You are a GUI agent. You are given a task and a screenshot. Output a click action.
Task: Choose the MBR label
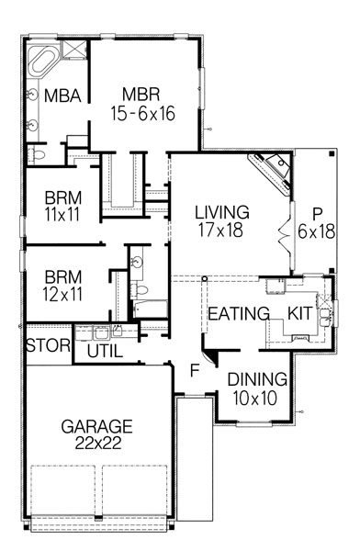click(x=144, y=94)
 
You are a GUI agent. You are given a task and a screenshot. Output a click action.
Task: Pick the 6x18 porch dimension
click(x=316, y=231)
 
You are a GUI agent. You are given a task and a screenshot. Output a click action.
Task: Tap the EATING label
click(x=238, y=313)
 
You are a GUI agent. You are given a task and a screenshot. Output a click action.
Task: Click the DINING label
click(x=257, y=377)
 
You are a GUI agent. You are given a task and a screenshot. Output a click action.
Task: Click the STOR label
click(x=44, y=346)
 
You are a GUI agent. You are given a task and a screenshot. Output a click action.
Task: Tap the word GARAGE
click(x=97, y=426)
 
